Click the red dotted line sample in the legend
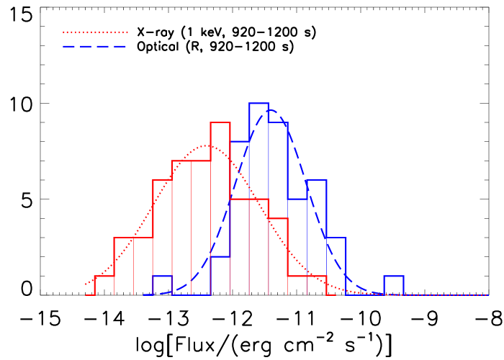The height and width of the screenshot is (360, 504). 95,32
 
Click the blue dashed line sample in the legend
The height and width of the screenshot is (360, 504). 95,46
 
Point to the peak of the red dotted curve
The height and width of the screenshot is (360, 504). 207,145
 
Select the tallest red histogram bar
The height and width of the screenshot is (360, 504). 220,209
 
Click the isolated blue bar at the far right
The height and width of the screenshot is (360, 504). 393,286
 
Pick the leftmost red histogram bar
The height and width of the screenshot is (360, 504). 104,286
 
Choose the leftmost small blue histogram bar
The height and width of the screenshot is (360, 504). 162,286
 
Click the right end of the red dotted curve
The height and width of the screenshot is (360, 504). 487,295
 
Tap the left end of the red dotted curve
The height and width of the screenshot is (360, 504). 86,284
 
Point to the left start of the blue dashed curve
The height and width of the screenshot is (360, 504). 145,294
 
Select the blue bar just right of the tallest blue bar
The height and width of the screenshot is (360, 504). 278,209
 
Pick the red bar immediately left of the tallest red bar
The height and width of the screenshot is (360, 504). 191,228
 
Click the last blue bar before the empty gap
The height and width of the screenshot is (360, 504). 336,266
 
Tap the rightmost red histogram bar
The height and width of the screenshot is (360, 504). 317,286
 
